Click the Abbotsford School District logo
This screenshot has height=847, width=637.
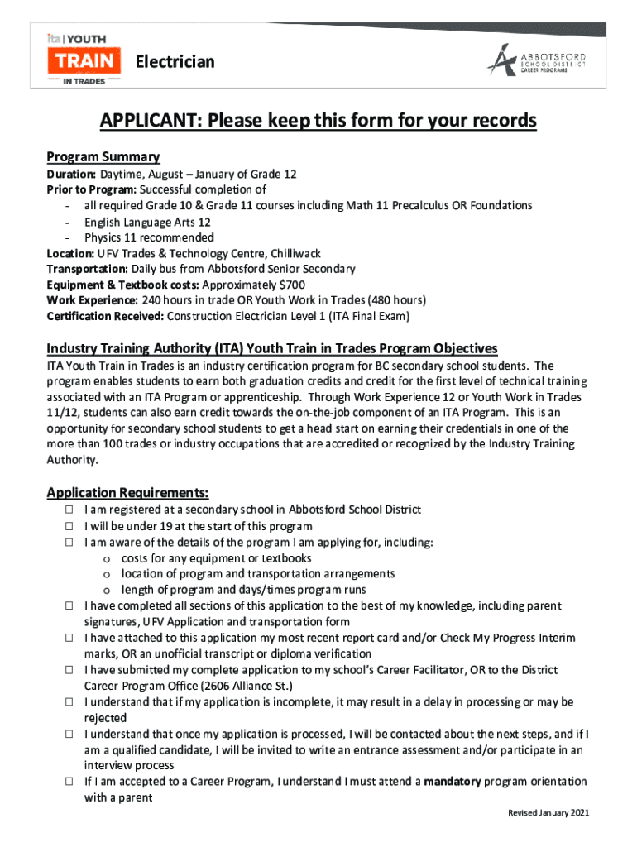click(x=537, y=61)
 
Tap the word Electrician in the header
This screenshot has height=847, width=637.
click(x=175, y=62)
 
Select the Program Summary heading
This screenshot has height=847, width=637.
click(x=103, y=156)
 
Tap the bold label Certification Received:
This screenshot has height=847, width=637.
click(x=105, y=315)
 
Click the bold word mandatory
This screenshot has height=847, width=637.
click(x=452, y=781)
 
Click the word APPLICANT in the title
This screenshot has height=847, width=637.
click(x=150, y=122)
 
